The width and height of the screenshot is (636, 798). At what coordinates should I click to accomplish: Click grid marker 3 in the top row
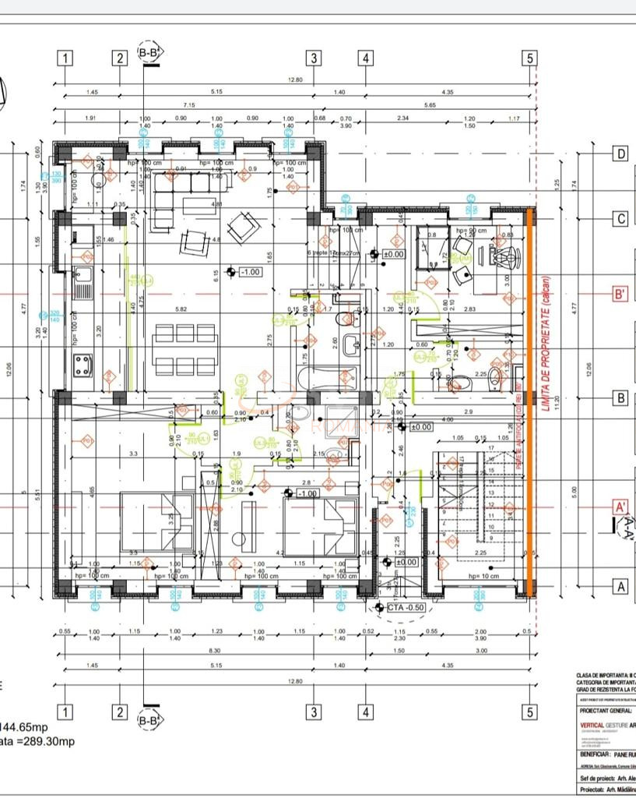pyautogui.click(x=314, y=58)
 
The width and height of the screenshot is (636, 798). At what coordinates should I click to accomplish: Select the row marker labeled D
pyautogui.click(x=620, y=154)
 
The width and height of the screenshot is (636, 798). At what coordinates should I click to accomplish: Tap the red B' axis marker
pyautogui.click(x=620, y=295)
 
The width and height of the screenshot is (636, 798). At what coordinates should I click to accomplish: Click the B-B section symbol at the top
pyautogui.click(x=149, y=52)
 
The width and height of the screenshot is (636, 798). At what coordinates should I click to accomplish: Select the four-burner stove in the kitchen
pyautogui.click(x=83, y=365)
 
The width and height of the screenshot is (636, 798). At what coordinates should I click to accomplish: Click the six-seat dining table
pyautogui.click(x=184, y=349)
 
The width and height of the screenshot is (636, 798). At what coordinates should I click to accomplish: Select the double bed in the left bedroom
pyautogui.click(x=156, y=521)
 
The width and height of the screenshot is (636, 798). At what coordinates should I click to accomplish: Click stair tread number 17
pyautogui.click(x=490, y=448)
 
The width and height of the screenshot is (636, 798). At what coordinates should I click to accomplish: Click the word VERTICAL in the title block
pyautogui.click(x=597, y=725)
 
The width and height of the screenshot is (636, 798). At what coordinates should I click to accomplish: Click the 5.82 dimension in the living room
pyautogui.click(x=181, y=309)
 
